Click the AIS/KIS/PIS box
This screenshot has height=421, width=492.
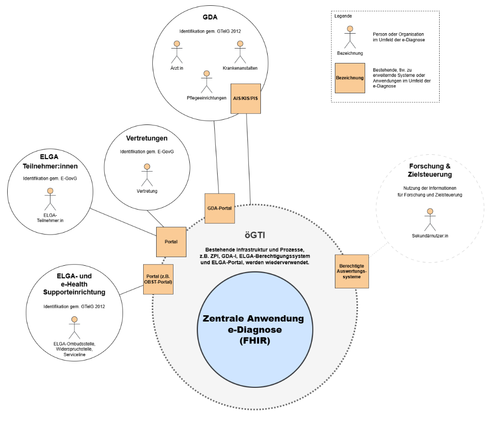[x=246, y=99]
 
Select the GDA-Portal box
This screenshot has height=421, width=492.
[x=220, y=209]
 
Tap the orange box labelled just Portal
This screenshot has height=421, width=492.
[x=172, y=242]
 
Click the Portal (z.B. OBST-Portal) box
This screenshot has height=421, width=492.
[x=158, y=279]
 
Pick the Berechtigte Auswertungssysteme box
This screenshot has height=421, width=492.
[x=352, y=271]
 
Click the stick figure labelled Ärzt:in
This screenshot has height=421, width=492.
[x=177, y=52]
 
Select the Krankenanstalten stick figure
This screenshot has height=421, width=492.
[x=240, y=52]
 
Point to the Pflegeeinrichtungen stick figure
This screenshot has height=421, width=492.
[x=207, y=82]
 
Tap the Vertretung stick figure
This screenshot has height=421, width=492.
[x=147, y=175]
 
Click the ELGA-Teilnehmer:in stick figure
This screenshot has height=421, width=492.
[x=50, y=199]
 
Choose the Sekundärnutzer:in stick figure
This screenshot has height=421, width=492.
[x=430, y=220]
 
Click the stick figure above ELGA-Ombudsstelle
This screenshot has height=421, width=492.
[x=74, y=328]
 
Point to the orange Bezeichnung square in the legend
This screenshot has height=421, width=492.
[x=350, y=78]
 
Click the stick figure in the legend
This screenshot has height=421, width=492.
[x=350, y=37]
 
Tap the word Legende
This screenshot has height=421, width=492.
[x=343, y=16]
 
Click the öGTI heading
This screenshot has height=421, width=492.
[x=255, y=235]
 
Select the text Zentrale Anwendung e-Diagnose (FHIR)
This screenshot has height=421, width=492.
[x=254, y=330]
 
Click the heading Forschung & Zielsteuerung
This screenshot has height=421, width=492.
[x=430, y=171]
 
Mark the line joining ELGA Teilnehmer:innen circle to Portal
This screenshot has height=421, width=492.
[x=123, y=222]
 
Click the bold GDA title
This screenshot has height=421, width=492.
[x=210, y=17]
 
